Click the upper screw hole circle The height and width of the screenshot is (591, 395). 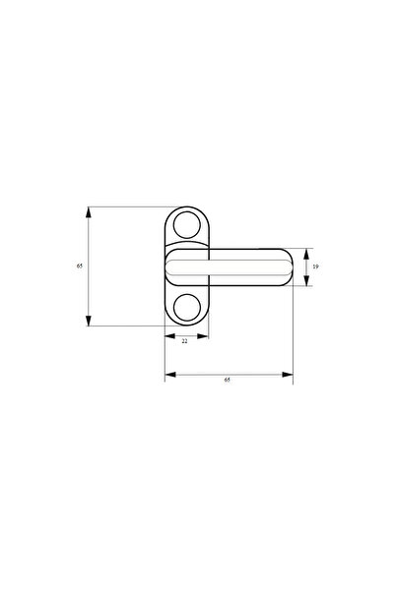[185, 225]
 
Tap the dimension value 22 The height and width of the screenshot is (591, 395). [184, 341]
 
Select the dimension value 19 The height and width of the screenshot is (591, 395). [315, 266]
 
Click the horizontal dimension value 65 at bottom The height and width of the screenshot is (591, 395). [227, 380]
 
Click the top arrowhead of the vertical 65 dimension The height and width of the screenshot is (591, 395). [89, 210]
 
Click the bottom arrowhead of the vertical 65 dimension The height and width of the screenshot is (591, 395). [89, 323]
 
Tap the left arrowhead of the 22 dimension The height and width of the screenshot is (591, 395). [167, 336]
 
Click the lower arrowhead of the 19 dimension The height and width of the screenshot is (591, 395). [306, 282]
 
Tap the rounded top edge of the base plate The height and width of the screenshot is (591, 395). [185, 207]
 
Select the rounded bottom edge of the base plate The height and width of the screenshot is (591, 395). [185, 325]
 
